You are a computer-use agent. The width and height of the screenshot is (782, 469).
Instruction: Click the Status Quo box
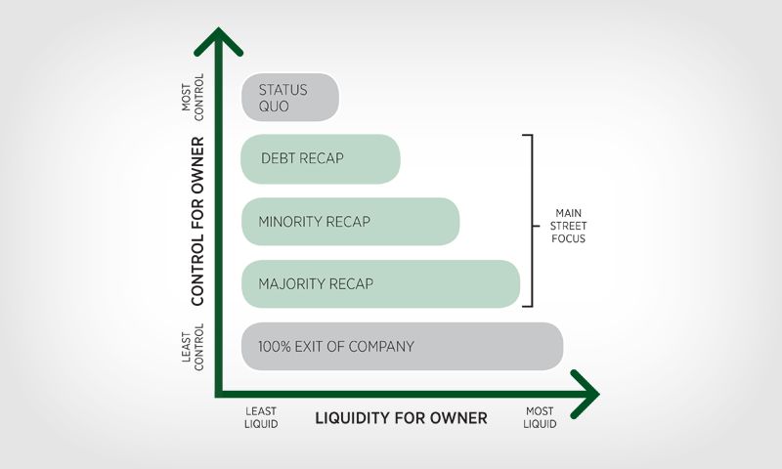[290, 98]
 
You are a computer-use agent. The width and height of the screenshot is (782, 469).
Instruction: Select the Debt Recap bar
[321, 158]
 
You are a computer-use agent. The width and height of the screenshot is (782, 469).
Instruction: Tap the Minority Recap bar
[350, 222]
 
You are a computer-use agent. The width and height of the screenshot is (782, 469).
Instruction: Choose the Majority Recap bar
[380, 284]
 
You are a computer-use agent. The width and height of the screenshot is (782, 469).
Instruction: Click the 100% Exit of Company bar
[402, 347]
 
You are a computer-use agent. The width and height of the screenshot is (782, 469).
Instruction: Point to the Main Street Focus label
[570, 226]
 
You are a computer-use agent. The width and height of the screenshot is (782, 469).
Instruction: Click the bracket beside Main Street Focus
[531, 221]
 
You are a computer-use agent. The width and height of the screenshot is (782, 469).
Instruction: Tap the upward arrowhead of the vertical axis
[217, 43]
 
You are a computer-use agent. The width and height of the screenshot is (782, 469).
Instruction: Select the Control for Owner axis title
[198, 220]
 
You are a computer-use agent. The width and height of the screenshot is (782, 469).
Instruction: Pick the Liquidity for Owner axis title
[401, 418]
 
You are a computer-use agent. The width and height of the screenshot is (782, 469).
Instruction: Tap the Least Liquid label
[261, 418]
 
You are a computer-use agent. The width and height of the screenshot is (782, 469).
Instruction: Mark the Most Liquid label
[540, 418]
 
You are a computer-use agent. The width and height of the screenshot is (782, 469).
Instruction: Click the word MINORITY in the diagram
[290, 222]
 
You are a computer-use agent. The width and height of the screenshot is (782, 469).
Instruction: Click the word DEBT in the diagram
[280, 158]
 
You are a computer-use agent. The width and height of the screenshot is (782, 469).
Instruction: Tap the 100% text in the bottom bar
[274, 347]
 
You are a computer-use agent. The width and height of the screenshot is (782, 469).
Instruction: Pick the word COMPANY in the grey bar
[380, 347]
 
